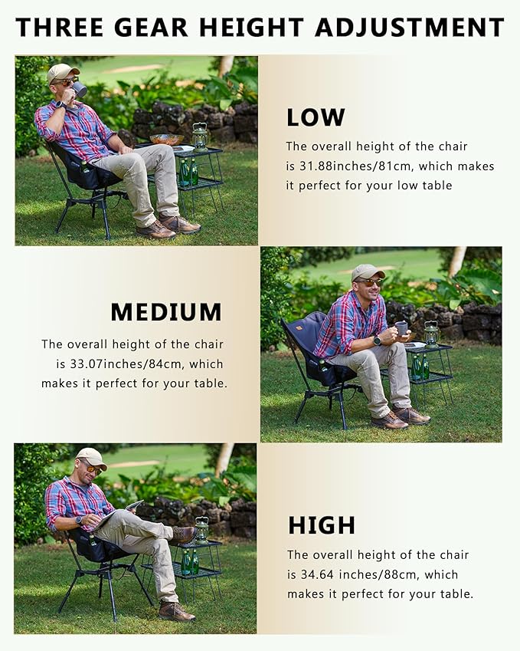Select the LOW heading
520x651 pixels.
[316, 117]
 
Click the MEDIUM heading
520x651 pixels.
[166, 312]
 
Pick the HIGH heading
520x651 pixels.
[322, 525]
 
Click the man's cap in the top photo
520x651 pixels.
[62, 72]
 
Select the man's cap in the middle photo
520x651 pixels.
[367, 271]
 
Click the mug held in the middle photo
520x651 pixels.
[401, 328]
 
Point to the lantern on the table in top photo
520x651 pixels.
[200, 136]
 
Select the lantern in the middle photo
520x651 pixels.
[432, 333]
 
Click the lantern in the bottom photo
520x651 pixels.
[201, 530]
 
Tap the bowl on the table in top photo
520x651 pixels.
[166, 140]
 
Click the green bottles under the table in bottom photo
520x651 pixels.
[188, 561]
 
